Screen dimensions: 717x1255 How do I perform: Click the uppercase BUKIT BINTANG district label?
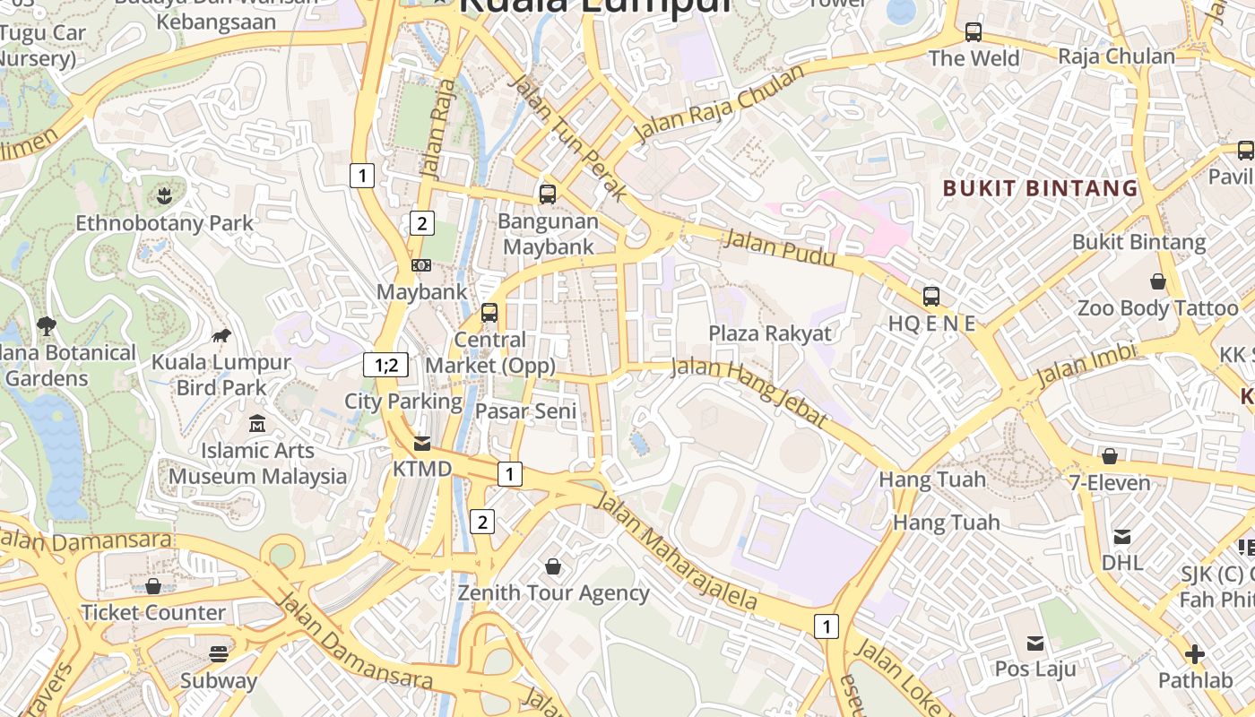coord(1040,188)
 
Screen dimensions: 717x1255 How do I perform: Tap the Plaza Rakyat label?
coord(770,333)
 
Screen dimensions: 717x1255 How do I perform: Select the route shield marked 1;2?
coord(385,365)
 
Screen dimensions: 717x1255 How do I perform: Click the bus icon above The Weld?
coord(974,33)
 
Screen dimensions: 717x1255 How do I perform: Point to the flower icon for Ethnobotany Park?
coord(163,195)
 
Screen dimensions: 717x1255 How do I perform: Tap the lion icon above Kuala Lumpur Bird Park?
coord(221,335)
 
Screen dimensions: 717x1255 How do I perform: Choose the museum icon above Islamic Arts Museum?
coord(257,423)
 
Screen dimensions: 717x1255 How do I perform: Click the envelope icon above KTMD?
coord(422,444)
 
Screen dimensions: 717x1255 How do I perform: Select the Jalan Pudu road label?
coord(779,249)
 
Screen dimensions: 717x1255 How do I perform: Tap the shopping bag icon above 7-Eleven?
coord(1110,456)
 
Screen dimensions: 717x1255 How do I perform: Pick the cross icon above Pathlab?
coord(1194,654)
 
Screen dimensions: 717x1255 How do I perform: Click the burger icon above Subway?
coord(219,653)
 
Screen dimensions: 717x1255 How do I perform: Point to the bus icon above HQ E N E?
coord(931,296)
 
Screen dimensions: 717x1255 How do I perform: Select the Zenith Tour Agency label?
coord(553,593)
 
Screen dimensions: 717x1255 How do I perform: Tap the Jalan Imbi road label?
coord(1086,365)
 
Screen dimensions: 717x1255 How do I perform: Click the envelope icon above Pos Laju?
coord(1035,643)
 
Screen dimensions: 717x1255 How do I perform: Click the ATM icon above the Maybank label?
coord(421,264)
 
